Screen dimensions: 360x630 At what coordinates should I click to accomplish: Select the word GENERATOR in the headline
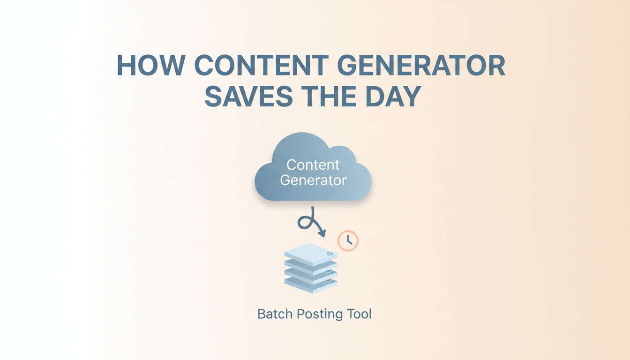click(x=421, y=66)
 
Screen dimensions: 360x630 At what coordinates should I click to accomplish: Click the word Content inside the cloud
click(x=313, y=165)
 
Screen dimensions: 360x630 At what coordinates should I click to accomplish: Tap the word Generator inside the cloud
click(x=313, y=180)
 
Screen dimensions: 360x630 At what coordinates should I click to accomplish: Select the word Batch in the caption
click(x=274, y=314)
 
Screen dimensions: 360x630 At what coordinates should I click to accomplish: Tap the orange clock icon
click(x=348, y=241)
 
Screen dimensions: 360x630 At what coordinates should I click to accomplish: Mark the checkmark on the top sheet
click(x=330, y=254)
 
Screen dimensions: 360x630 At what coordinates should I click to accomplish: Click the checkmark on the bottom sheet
click(x=330, y=281)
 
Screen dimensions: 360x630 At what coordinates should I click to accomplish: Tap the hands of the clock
click(x=349, y=241)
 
